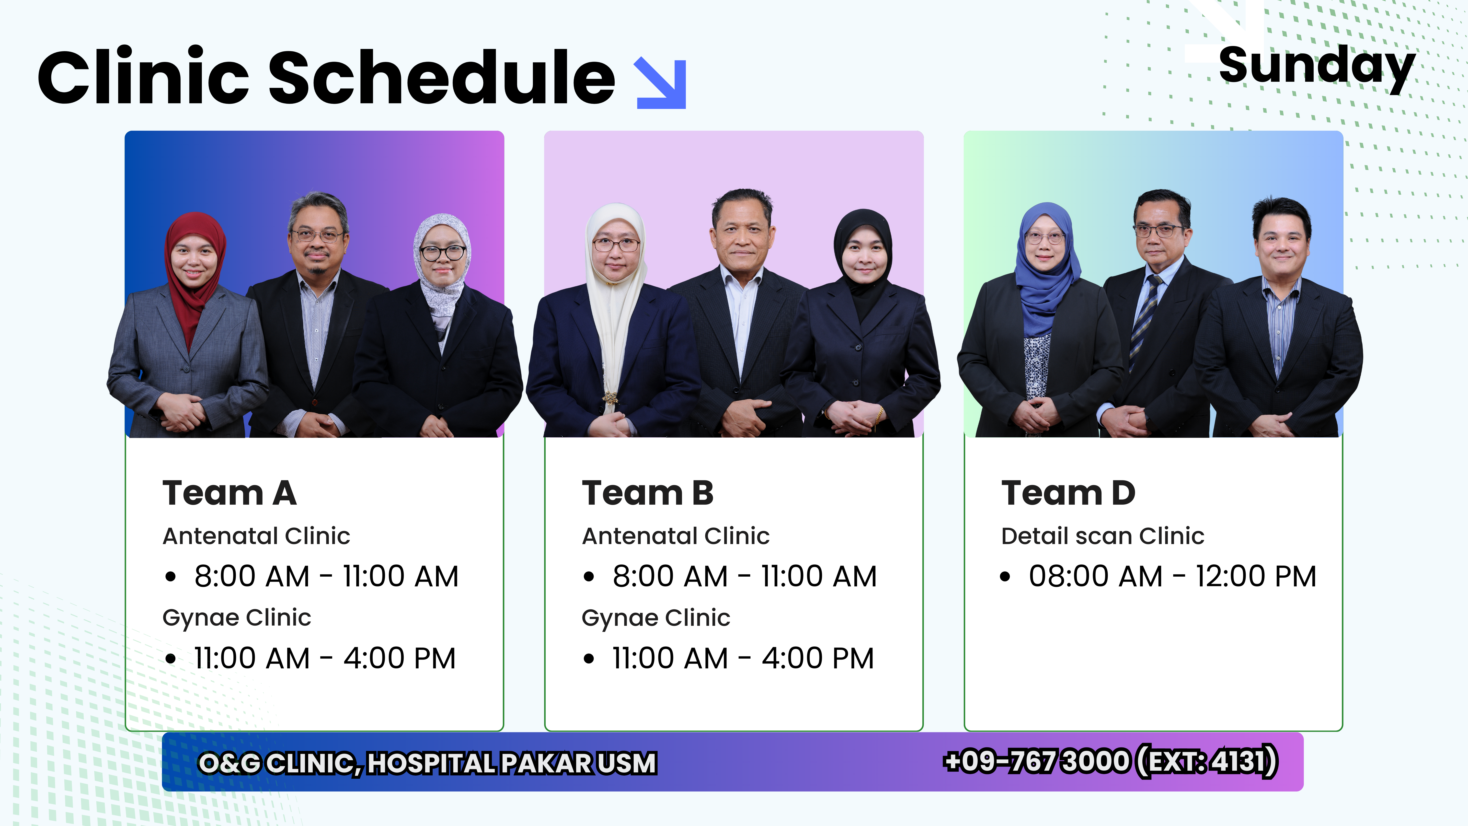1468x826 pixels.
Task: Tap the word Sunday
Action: pos(1316,67)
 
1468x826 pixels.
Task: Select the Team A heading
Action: pos(230,493)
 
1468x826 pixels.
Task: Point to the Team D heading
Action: pos(1068,493)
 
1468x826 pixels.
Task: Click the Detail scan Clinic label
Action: pos(1103,536)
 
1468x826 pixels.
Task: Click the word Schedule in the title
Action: pos(442,77)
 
